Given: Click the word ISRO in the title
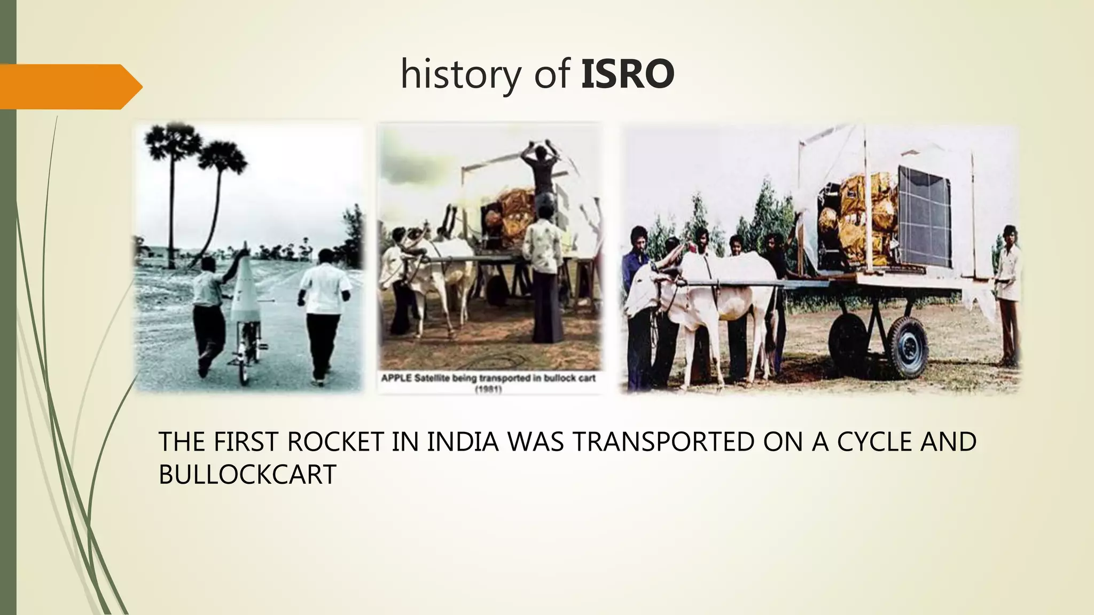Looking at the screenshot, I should coord(627,74).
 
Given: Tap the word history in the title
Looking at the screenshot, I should coord(460,75).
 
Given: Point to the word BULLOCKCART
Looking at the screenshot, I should coord(247,474).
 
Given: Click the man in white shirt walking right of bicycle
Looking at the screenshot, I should coord(323,310).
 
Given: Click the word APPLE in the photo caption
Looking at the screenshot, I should coord(396,379).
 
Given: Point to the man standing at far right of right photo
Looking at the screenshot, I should coord(1007,294).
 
